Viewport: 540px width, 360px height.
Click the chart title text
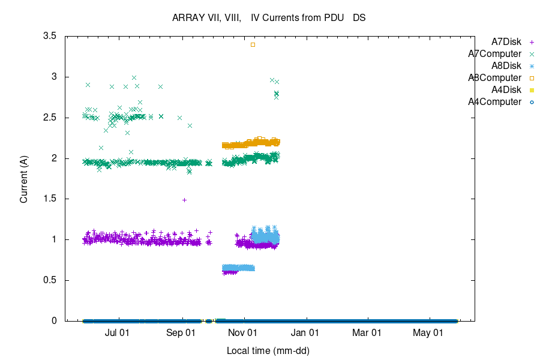click(269, 18)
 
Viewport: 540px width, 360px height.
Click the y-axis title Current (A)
click(24, 178)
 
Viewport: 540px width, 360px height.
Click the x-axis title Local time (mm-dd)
click(268, 350)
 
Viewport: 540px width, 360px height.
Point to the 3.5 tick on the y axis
click(49, 36)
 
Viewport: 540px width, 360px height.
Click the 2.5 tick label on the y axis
click(49, 118)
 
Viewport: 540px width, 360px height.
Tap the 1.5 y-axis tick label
click(49, 199)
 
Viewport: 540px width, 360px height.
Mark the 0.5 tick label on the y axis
click(49, 280)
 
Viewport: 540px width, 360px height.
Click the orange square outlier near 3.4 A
click(253, 44)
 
